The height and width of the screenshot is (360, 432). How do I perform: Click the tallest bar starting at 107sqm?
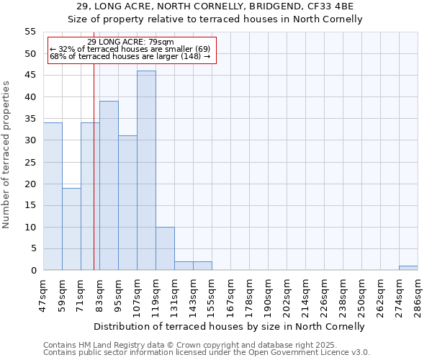pyautogui.click(x=146, y=171)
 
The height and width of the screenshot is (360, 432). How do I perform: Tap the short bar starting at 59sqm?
pyautogui.click(x=71, y=229)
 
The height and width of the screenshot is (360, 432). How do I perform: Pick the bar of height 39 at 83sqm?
pyautogui.click(x=109, y=186)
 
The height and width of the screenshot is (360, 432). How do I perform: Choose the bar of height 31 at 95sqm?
pyautogui.click(x=127, y=203)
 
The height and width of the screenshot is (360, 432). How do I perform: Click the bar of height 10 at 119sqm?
pyautogui.click(x=165, y=249)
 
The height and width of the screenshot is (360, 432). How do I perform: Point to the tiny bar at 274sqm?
pyautogui.click(x=408, y=268)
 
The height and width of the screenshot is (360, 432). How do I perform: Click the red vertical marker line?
pyautogui.click(x=94, y=180)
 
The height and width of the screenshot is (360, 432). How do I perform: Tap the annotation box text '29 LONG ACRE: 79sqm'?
pyautogui.click(x=130, y=42)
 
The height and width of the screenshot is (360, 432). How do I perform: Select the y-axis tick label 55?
pyautogui.click(x=30, y=32)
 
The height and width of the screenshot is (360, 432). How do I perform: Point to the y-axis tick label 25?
pyautogui.click(x=30, y=162)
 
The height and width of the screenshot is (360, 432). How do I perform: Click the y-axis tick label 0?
pyautogui.click(x=32, y=271)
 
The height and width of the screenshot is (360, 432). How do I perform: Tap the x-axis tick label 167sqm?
pyautogui.click(x=230, y=294)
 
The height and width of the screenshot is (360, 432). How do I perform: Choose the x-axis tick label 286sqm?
pyautogui.click(x=418, y=294)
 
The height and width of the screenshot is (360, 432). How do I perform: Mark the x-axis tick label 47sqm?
pyautogui.click(x=43, y=294)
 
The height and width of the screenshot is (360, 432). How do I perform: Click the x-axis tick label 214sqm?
pyautogui.click(x=305, y=294)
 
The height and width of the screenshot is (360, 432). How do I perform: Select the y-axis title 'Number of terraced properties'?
pyautogui.click(x=6, y=155)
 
